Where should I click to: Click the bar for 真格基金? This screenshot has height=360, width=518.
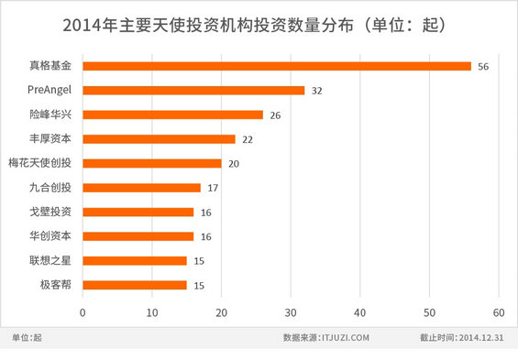(276, 66)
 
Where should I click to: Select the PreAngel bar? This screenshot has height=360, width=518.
(193, 91)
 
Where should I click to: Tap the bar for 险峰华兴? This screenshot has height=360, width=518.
(172, 115)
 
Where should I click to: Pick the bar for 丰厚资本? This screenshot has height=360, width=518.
(159, 139)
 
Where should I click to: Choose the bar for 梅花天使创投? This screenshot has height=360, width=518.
(151, 163)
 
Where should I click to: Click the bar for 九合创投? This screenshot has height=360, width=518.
(141, 188)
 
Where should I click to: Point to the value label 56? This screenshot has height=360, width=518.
(483, 67)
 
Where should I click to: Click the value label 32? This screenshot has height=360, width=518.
(317, 92)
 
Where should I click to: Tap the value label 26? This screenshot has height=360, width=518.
(276, 115)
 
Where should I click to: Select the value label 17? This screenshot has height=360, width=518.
(214, 188)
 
